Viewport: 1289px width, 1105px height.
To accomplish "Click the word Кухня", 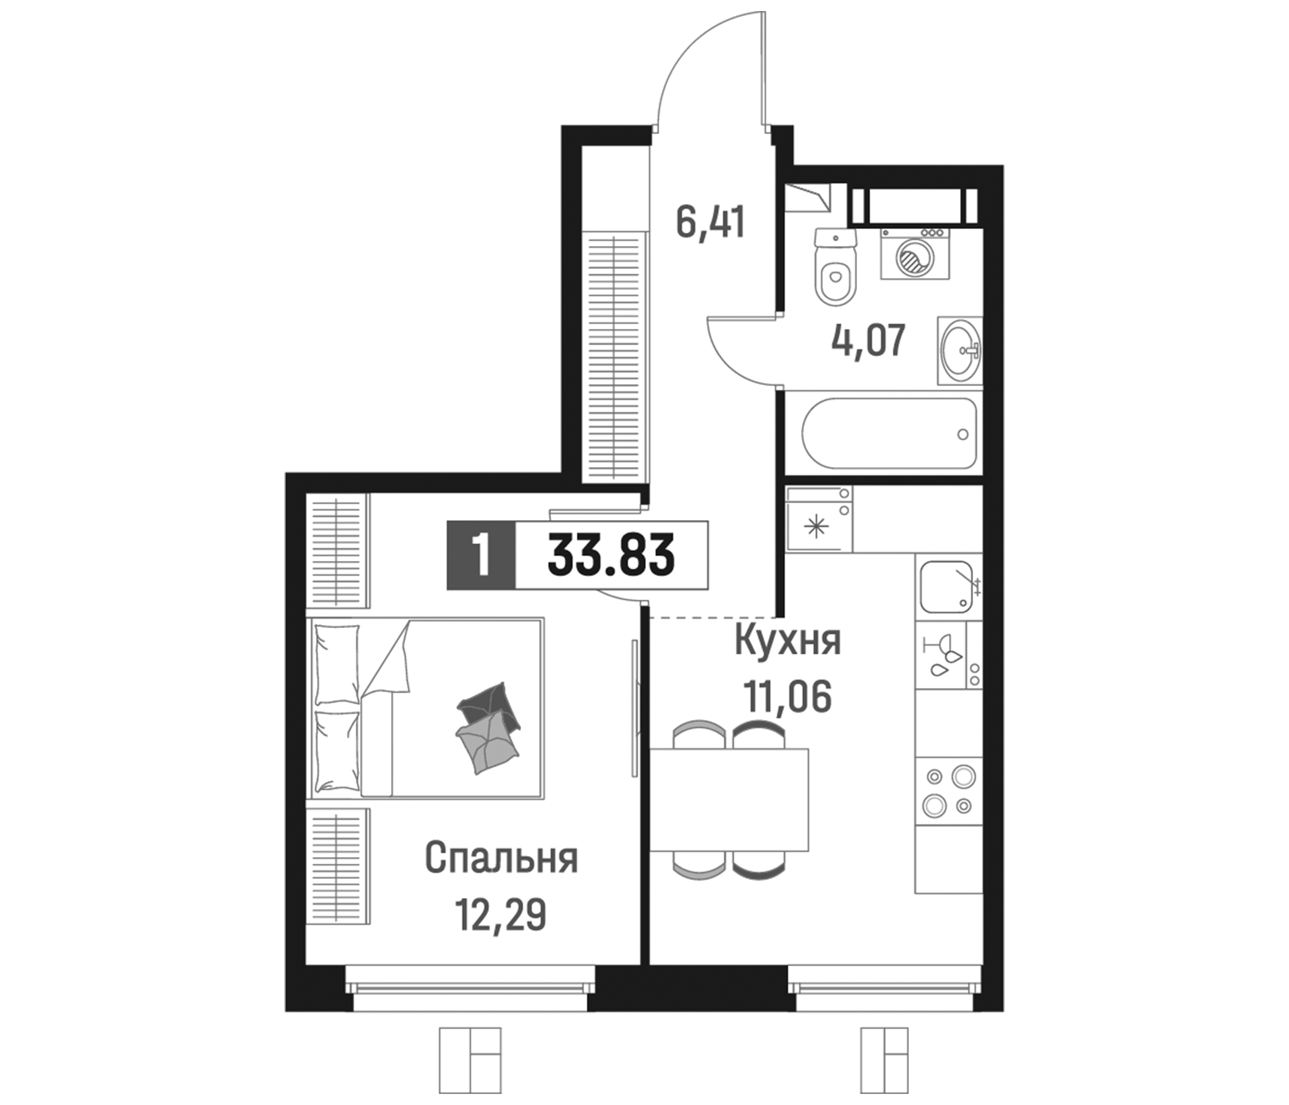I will (788, 642).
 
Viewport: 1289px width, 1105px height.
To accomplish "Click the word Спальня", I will (501, 859).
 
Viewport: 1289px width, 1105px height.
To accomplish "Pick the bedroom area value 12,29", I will (501, 915).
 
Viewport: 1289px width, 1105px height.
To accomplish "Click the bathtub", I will (889, 433).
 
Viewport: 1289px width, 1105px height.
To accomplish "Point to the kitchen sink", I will (946, 587).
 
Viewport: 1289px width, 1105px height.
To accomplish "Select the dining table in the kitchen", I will (729, 799).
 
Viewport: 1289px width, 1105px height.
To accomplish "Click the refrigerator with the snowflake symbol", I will (818, 520).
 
